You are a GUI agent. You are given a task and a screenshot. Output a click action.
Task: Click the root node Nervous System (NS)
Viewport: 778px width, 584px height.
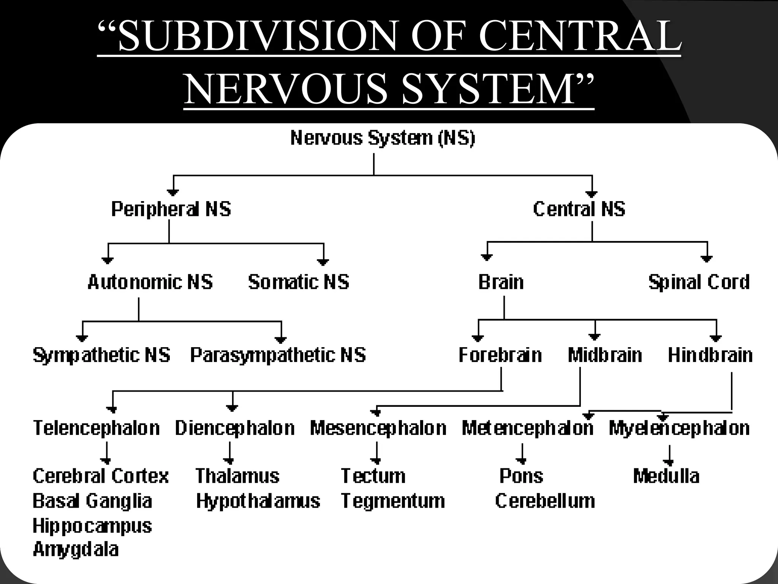pyautogui.click(x=383, y=138)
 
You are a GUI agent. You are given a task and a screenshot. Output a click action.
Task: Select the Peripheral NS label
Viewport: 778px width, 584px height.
pyautogui.click(x=171, y=209)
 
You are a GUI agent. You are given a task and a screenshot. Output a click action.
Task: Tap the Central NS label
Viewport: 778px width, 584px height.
pyautogui.click(x=579, y=209)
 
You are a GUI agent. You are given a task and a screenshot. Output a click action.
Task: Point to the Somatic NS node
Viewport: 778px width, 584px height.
pyautogui.click(x=298, y=282)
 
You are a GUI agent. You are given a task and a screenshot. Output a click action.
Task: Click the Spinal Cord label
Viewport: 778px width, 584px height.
pyautogui.click(x=699, y=282)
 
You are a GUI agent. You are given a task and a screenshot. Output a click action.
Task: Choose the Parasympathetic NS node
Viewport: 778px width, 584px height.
pyautogui.click(x=278, y=355)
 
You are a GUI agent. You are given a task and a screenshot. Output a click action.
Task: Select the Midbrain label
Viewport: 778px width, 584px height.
pyautogui.click(x=605, y=355)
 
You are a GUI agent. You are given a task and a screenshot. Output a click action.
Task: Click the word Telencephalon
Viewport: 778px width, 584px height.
pyautogui.click(x=96, y=428)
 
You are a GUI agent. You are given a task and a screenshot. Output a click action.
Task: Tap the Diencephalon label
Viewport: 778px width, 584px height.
pyautogui.click(x=235, y=428)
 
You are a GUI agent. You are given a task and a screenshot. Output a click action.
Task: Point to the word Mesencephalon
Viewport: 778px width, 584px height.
pyautogui.click(x=378, y=428)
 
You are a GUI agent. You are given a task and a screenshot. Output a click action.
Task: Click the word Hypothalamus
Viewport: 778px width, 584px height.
pyautogui.click(x=258, y=501)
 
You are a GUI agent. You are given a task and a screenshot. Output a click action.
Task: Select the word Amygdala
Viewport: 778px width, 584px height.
pyautogui.click(x=76, y=549)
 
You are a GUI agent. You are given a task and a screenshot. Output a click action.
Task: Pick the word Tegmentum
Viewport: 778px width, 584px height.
pyautogui.click(x=393, y=501)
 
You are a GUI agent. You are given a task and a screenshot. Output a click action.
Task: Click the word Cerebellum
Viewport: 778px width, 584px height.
pyautogui.click(x=545, y=501)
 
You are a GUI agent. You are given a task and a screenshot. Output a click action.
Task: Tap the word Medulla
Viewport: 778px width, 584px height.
pyautogui.click(x=666, y=476)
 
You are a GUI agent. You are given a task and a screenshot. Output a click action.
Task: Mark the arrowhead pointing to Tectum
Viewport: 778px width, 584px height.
pyautogui.click(x=376, y=461)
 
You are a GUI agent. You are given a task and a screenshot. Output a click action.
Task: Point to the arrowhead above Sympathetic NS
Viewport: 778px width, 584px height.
pyautogui.click(x=82, y=338)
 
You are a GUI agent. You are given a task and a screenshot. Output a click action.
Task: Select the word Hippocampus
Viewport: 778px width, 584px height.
pyautogui.click(x=92, y=526)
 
